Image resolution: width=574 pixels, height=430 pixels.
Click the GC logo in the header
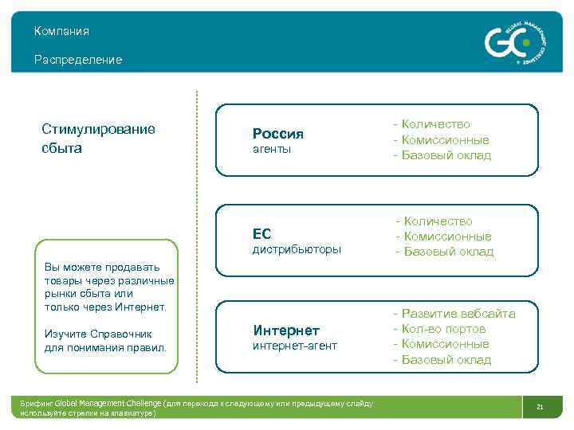pyautogui.click(x=515, y=41)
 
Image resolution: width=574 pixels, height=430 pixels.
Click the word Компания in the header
pyautogui.click(x=61, y=31)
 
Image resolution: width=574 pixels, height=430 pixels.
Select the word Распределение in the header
pyautogui.click(x=78, y=60)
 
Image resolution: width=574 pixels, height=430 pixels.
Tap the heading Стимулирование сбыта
pyautogui.click(x=98, y=139)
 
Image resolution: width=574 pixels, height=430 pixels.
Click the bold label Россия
pyautogui.click(x=277, y=133)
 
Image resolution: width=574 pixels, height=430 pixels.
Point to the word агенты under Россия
pyautogui.click(x=272, y=149)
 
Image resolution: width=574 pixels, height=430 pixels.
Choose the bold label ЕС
pyautogui.click(x=261, y=233)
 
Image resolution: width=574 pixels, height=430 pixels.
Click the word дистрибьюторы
pyautogui.click(x=297, y=249)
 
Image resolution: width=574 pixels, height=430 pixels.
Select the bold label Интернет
pyautogui.click(x=286, y=330)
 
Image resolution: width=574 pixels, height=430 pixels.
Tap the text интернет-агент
pyautogui.click(x=295, y=346)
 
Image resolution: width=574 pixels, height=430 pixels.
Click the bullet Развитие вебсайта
pyautogui.click(x=454, y=314)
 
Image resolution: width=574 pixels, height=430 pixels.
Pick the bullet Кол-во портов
pyautogui.click(x=438, y=329)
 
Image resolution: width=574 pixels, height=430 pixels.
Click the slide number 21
pyautogui.click(x=540, y=408)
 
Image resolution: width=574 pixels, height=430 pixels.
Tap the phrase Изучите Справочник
pyautogui.click(x=98, y=334)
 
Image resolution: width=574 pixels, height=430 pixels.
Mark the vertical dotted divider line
pyautogui.click(x=196, y=239)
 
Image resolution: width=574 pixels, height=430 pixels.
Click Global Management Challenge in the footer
pyautogui.click(x=107, y=404)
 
